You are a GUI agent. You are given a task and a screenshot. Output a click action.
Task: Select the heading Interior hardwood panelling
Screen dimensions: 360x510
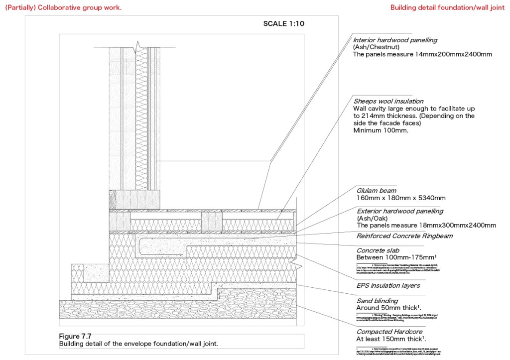(x=395, y=40)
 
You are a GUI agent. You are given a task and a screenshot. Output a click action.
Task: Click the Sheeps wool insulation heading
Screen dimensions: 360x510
(x=388, y=101)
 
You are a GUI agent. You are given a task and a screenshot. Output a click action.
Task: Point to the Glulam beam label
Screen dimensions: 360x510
(x=376, y=190)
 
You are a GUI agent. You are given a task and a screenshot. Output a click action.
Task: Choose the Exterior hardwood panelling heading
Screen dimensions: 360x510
(x=399, y=211)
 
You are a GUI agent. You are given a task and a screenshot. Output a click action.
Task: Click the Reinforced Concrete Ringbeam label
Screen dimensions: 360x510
(x=404, y=236)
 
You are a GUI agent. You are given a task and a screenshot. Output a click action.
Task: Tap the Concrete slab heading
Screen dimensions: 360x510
(x=378, y=250)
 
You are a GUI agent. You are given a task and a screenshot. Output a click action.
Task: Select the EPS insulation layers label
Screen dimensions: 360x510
(x=388, y=286)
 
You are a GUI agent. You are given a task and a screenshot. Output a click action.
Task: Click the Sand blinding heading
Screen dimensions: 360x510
(x=377, y=301)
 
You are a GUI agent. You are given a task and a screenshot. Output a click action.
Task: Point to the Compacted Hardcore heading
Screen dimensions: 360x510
(x=389, y=332)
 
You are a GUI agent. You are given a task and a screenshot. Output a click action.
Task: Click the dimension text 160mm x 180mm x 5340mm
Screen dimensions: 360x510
(x=401, y=198)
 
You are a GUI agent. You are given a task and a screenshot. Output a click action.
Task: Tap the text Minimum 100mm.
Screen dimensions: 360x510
(x=381, y=130)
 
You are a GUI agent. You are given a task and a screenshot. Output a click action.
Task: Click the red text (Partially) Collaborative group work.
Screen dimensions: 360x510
(x=63, y=7)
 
